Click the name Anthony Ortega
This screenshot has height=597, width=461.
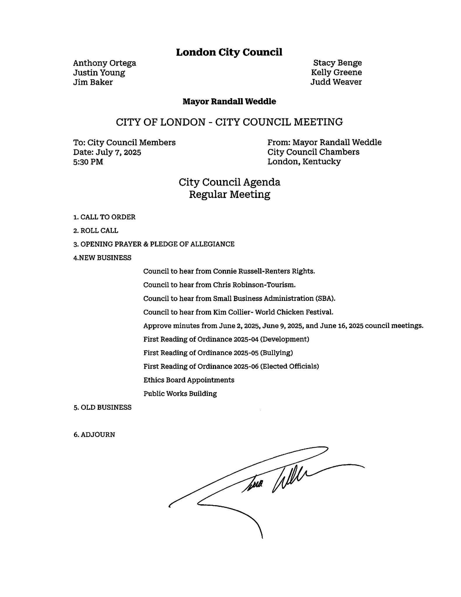coord(104,63)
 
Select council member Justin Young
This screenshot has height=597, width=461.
coord(99,73)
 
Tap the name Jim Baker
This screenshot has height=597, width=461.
coord(93,82)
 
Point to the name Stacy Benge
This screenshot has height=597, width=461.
coord(337,63)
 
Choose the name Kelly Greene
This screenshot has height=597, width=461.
coord(336,72)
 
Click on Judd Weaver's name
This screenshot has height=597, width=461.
coord(336,82)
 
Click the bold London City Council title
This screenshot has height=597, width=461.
coord(229,52)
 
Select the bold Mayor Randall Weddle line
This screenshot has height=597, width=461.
coord(229,101)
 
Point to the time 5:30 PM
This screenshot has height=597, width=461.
coord(88,161)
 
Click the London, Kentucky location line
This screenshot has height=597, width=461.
coord(304,161)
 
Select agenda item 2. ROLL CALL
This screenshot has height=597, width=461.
coord(96,231)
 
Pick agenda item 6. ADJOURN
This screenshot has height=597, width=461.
coord(94,434)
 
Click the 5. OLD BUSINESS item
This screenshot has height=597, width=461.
coord(102,407)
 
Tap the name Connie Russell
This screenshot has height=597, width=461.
coord(233,271)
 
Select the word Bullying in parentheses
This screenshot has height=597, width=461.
coord(276,353)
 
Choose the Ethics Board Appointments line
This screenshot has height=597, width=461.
coord(189,380)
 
